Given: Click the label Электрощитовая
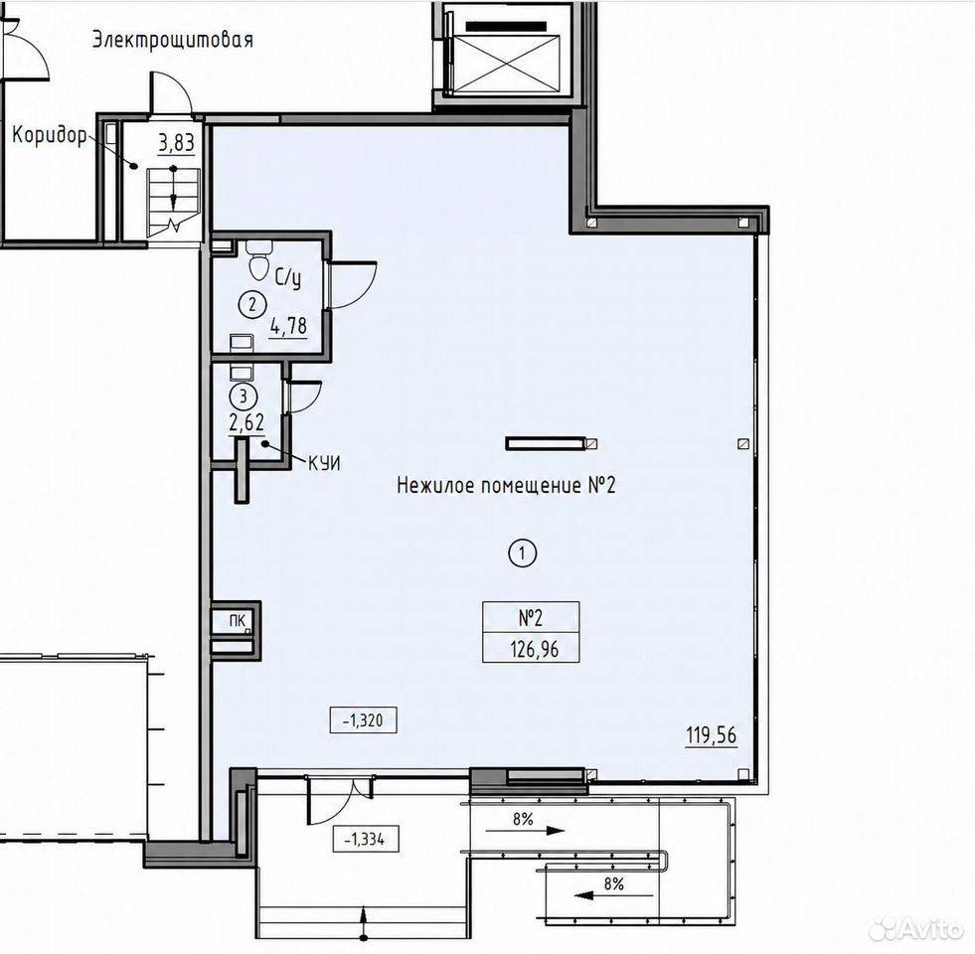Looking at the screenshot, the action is pos(173,41).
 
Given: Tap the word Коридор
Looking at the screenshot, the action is pos(49,135).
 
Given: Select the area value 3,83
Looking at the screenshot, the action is pos(176,144).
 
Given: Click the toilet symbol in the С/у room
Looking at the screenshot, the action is pos(258,261).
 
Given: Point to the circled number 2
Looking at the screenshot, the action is pos(252,305).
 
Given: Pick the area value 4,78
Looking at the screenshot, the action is pos(288,326).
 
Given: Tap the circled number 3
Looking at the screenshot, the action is pos(244,396).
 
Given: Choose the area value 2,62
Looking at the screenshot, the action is pos(246,423).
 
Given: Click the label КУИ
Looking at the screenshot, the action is pos(324,463).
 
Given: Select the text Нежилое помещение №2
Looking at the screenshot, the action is pos(506,485).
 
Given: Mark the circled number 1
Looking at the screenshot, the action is pos(523,553).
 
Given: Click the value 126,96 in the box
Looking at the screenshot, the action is pos(534,649).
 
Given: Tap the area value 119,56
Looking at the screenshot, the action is pos(712,735).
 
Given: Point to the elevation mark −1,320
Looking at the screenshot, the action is pos(363,720).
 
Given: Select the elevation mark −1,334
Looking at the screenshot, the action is pos(366,839).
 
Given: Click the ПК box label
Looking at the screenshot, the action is pos(237,620).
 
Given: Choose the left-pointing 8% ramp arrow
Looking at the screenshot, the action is pos(614,895).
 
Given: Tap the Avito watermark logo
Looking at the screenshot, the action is pos(915,928).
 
